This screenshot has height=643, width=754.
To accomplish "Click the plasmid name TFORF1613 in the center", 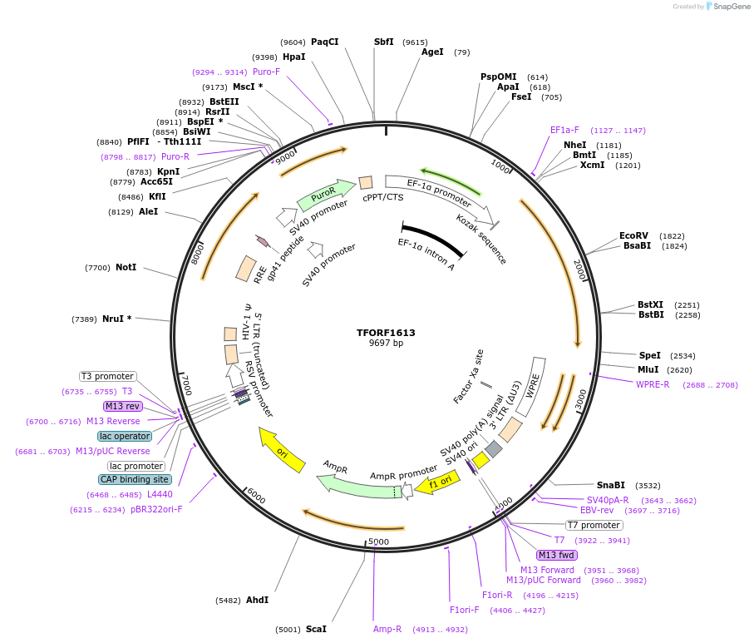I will point(386,333).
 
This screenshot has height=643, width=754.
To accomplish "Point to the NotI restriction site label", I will point(126,268).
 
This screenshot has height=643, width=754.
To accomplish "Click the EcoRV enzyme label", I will point(634,235).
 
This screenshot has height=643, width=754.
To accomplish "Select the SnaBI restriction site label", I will point(610,485).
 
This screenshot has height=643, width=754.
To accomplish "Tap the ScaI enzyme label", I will point(316,629).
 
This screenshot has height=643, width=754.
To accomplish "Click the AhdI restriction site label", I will point(257,600).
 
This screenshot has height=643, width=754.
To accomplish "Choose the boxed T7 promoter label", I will point(594,525).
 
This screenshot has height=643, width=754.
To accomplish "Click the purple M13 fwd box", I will point(557,555).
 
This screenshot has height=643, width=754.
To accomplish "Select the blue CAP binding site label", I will point(135,479).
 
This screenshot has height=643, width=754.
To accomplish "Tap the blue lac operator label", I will point(125,436).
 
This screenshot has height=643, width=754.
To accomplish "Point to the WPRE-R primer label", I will point(653,384).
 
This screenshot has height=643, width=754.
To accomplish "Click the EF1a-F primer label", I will point(564,130).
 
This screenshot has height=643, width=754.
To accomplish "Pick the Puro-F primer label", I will point(266,72).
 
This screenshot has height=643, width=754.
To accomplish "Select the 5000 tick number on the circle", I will point(378,542).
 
